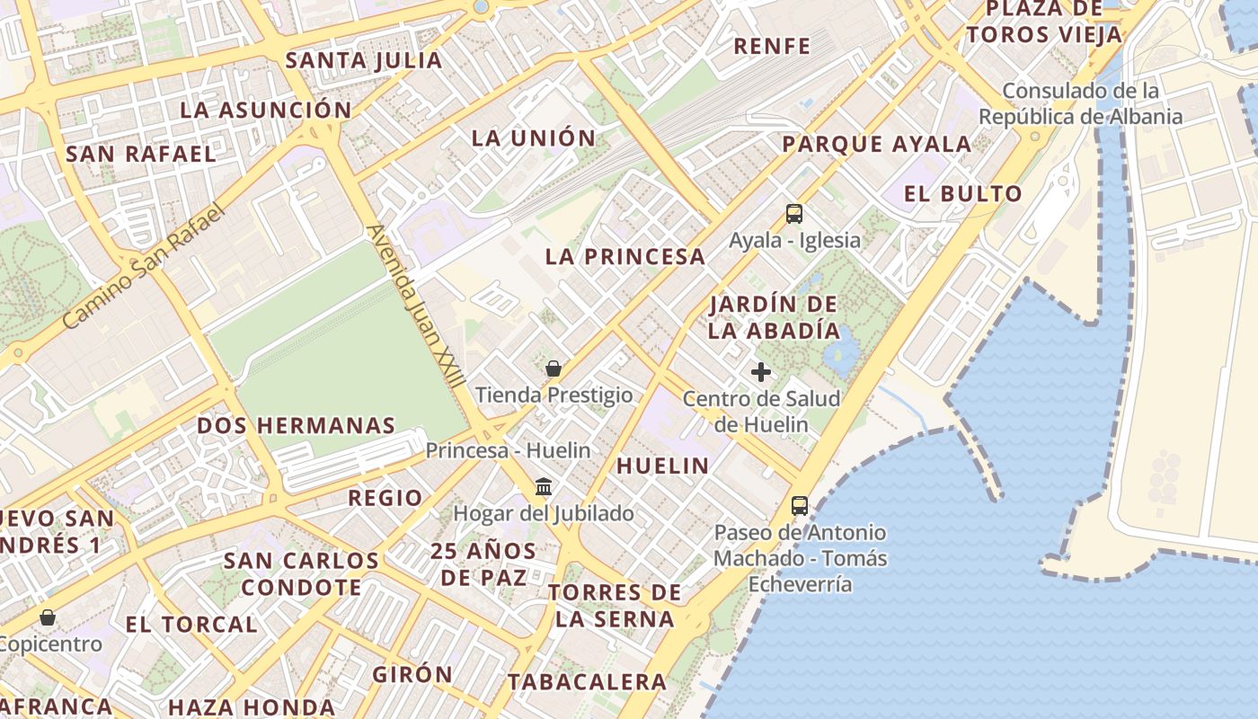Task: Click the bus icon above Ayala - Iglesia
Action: click(794, 214)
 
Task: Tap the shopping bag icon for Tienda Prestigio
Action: click(554, 368)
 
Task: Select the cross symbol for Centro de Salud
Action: click(761, 372)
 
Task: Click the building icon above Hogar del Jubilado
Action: click(544, 487)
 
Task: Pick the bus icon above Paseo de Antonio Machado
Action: click(800, 506)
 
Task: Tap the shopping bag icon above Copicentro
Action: click(48, 617)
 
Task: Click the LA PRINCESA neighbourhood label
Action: click(625, 256)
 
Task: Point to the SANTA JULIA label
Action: click(364, 60)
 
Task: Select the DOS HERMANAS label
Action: click(296, 425)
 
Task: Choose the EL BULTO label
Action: click(963, 193)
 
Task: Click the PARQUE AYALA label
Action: click(876, 144)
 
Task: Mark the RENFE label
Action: click(772, 46)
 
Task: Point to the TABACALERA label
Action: click(587, 681)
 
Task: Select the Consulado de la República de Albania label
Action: click(1080, 103)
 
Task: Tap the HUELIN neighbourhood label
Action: click(662, 466)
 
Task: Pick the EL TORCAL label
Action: click(191, 624)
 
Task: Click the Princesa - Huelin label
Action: click(508, 450)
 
